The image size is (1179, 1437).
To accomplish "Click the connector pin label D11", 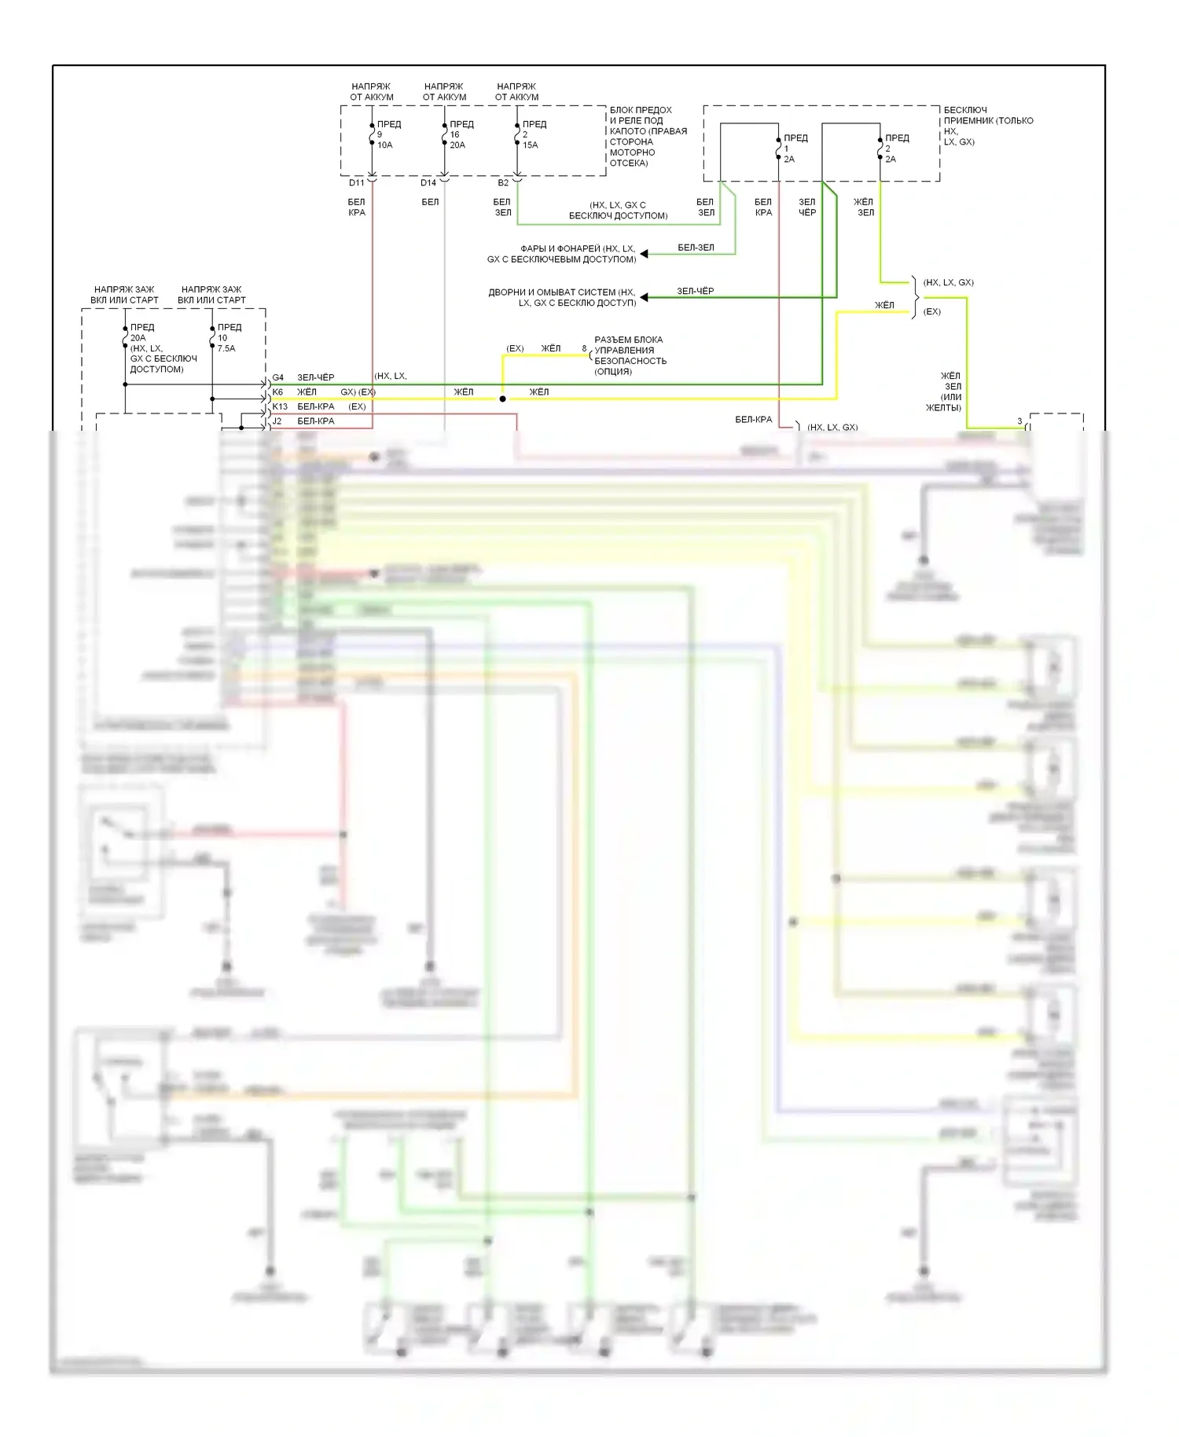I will click(x=357, y=183).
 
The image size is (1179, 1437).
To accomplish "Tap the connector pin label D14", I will click(x=428, y=183).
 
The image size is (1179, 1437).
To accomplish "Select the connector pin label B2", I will click(x=503, y=183).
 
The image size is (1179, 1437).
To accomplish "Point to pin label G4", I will click(x=278, y=377).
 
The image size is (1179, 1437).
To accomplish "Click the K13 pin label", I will click(x=280, y=406).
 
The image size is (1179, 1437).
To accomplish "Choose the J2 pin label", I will click(x=277, y=421).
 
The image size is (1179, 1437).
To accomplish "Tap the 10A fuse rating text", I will click(x=384, y=145).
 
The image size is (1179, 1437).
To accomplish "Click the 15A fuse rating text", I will click(x=530, y=145).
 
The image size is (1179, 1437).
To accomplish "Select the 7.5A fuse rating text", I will click(x=226, y=348).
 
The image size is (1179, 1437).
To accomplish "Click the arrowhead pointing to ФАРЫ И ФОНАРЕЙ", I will click(x=644, y=254).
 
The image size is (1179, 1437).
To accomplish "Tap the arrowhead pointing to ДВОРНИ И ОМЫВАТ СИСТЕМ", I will click(x=644, y=297).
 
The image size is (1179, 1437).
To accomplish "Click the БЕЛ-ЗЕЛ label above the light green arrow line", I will click(x=696, y=248).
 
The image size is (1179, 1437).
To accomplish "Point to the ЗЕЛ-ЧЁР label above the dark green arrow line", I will click(x=696, y=291).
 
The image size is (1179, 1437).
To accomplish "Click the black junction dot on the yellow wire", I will click(x=503, y=399).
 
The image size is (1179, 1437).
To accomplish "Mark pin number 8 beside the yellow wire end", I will click(x=584, y=348).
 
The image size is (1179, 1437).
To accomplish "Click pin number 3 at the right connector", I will click(x=1019, y=421).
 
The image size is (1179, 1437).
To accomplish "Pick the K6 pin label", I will click(x=277, y=392).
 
